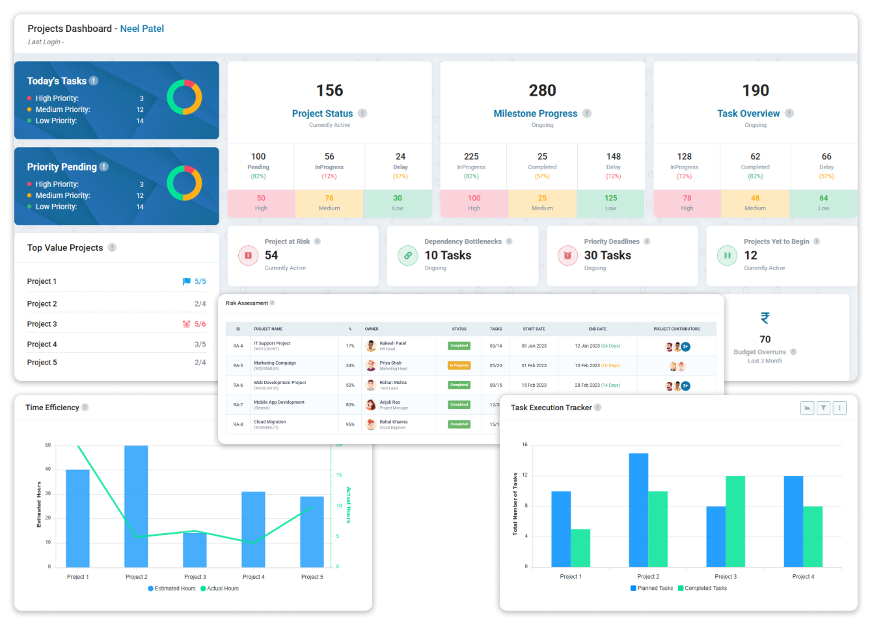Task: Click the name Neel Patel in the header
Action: [142, 29]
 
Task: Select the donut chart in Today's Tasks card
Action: [184, 98]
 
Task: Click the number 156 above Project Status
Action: [329, 90]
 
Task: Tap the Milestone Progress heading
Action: [535, 113]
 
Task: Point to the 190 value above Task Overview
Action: [756, 90]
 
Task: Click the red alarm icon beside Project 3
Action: [187, 324]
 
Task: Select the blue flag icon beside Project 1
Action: [187, 281]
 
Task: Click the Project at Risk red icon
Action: [248, 255]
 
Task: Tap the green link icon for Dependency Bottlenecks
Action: [408, 255]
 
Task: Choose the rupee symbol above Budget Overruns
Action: [765, 318]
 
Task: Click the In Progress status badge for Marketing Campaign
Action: [459, 365]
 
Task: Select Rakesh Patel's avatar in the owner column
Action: [371, 346]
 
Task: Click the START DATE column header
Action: [534, 329]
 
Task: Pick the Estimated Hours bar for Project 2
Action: [136, 507]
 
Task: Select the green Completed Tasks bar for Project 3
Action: [735, 521]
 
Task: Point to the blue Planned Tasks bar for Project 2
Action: [638, 510]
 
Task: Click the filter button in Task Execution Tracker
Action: [823, 408]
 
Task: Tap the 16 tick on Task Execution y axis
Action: [525, 445]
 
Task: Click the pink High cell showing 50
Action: [261, 202]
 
